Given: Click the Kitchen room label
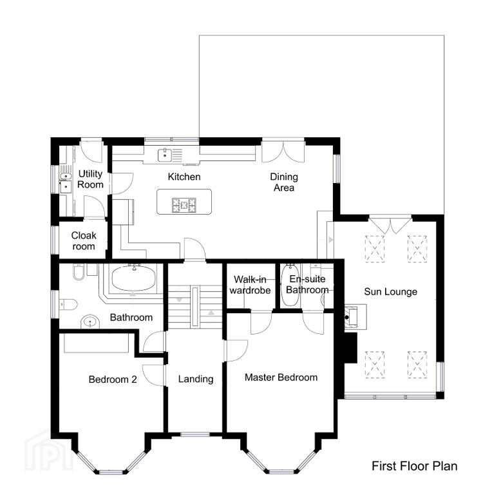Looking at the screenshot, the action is (184, 177).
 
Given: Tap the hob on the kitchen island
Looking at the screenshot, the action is (184, 204).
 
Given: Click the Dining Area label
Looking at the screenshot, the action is (284, 182).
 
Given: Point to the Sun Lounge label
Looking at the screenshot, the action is (390, 291).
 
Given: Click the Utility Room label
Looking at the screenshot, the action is (90, 179).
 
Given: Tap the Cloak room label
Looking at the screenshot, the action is (84, 240).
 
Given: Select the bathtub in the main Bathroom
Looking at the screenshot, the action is (134, 278).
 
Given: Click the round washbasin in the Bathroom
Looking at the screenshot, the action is (90, 322).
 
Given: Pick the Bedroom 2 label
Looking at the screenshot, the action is (113, 379).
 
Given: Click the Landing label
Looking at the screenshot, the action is (196, 379).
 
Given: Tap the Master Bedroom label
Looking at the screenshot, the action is (281, 377).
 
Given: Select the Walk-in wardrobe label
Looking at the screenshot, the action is (250, 285).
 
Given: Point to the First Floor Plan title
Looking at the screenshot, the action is (415, 466).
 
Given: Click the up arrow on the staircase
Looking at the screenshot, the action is (211, 313).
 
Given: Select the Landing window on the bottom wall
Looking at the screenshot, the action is (195, 434).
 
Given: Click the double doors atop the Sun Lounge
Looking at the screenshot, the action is (390, 224).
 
